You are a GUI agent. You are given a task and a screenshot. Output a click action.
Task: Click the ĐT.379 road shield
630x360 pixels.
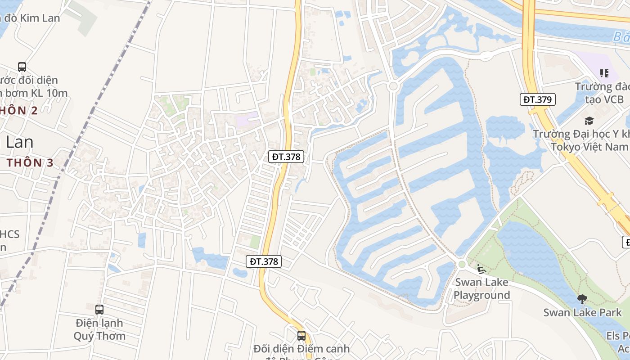[x=538, y=99]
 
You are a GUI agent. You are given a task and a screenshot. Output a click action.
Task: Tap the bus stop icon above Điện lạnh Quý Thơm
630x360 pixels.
[x=99, y=310]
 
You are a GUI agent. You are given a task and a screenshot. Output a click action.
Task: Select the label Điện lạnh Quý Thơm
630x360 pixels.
[x=99, y=329]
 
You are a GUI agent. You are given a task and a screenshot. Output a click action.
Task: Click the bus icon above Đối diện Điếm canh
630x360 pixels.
[x=301, y=336]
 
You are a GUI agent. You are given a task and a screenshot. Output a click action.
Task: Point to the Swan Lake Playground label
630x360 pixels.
[x=481, y=289]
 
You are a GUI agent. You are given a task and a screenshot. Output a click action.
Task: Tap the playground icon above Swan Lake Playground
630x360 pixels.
[x=481, y=269]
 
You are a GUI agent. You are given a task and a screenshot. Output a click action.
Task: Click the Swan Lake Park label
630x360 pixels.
[x=582, y=313]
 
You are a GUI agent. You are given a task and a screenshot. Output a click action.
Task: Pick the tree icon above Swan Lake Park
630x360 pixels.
[x=582, y=299]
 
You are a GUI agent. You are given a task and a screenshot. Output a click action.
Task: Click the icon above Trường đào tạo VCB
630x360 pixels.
[x=604, y=73]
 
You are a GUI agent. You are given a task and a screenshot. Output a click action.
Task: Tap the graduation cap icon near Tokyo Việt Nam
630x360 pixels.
[x=589, y=121]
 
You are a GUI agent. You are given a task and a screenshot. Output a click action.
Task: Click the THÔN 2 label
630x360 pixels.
[x=19, y=111]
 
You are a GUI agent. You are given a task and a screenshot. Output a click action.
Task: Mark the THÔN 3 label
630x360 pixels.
[x=31, y=163]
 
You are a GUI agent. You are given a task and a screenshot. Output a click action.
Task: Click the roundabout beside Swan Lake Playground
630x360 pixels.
[x=461, y=265]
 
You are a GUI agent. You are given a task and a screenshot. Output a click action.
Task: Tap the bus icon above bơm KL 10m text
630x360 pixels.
[x=22, y=67]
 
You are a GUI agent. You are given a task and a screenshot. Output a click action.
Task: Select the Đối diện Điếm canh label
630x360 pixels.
[x=301, y=349]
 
